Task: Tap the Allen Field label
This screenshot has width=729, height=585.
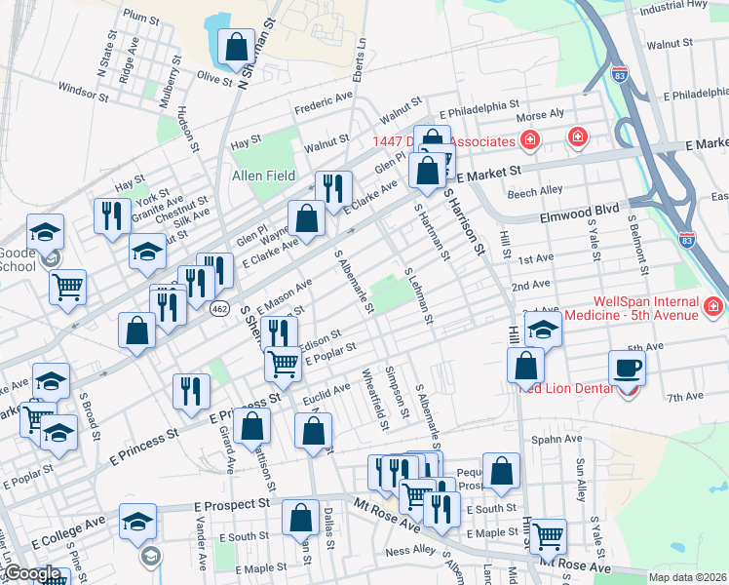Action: tap(263, 175)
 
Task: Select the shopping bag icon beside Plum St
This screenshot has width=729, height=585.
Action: tap(236, 46)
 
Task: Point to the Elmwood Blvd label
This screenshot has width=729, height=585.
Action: tap(579, 209)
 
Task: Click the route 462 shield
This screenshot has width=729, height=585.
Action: tap(223, 308)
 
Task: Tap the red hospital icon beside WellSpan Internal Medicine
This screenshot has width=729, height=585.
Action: tap(712, 308)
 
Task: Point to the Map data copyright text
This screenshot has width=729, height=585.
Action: tap(688, 577)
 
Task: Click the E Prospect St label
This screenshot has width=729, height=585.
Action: tap(231, 505)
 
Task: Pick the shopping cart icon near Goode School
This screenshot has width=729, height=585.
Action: tap(68, 287)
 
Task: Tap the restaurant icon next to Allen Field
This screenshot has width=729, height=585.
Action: tap(333, 188)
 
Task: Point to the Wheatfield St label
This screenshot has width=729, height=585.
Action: tap(372, 398)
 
